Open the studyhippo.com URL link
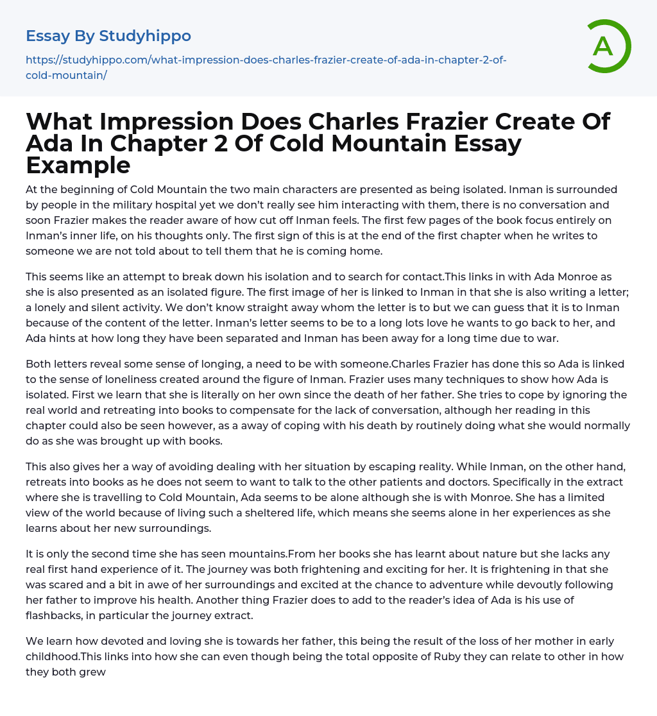[x=266, y=67]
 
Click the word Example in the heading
[x=78, y=166]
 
